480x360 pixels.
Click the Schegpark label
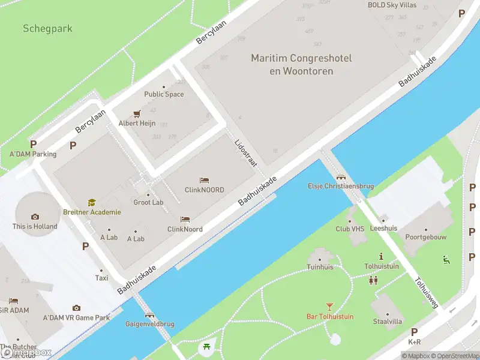click(x=47, y=28)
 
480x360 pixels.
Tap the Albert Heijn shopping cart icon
click(x=137, y=113)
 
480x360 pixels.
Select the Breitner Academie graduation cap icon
click(x=92, y=203)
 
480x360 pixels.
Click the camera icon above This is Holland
click(x=35, y=217)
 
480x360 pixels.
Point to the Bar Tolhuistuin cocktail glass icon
click(x=329, y=307)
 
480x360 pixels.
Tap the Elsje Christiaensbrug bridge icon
click(x=341, y=176)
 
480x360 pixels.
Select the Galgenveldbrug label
click(x=149, y=324)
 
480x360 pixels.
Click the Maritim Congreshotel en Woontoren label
click(x=301, y=64)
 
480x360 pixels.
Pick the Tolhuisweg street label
click(x=425, y=292)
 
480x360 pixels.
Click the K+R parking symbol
click(x=414, y=332)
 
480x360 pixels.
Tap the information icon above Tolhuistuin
click(x=381, y=256)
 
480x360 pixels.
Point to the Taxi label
click(x=101, y=278)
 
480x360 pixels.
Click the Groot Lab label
click(x=148, y=202)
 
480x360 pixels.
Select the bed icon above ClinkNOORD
click(x=204, y=180)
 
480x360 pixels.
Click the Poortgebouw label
click(x=426, y=238)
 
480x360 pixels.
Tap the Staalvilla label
click(x=387, y=322)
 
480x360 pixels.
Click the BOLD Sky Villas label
click(x=392, y=5)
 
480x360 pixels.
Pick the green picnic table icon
click(x=206, y=346)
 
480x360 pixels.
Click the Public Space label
click(x=164, y=94)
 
